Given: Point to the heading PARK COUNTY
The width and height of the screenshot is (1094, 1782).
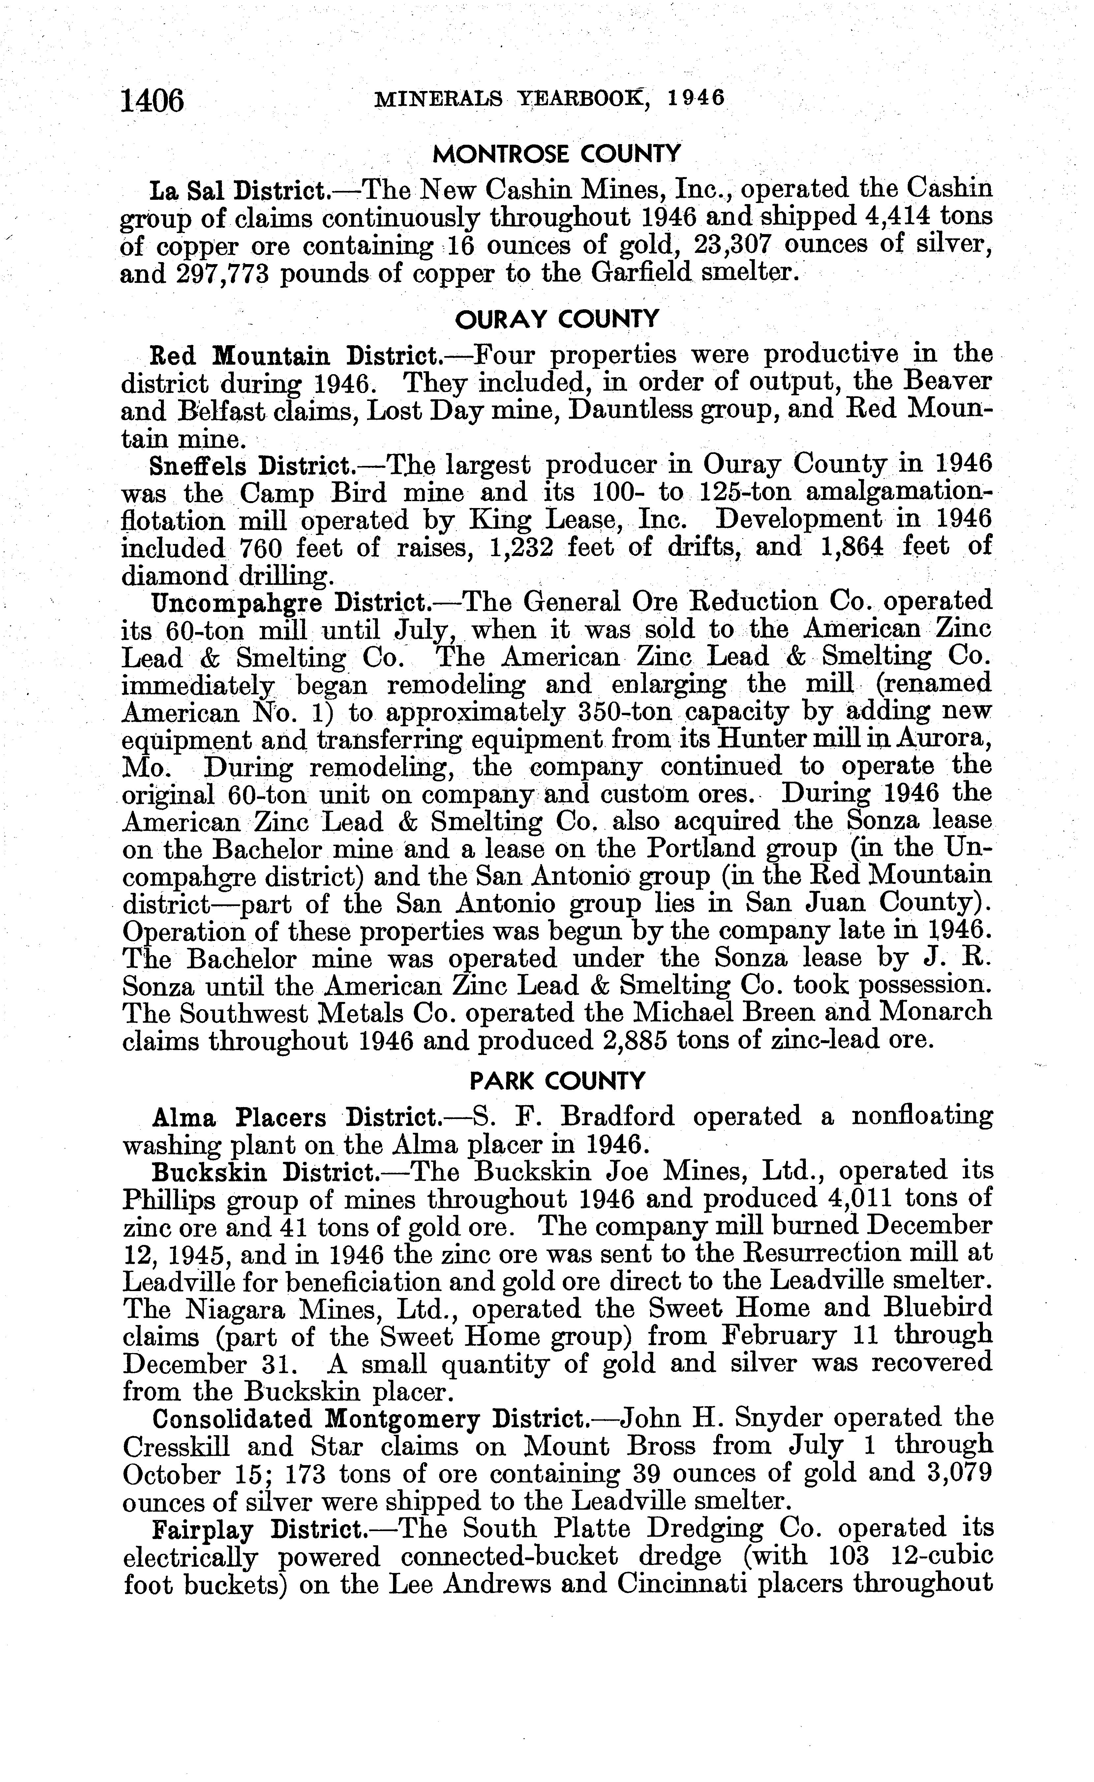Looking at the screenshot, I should pos(557,1081).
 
